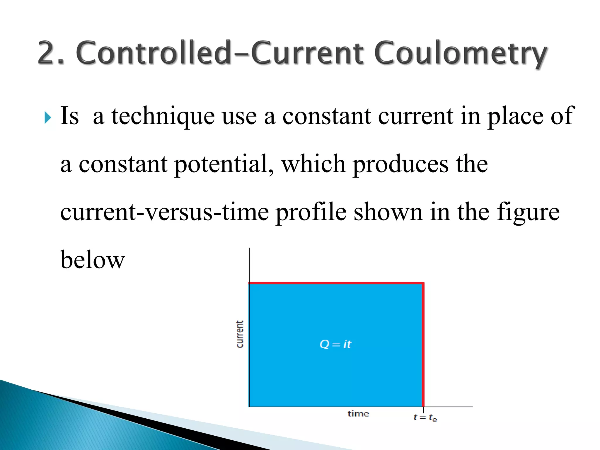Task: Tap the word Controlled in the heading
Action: [154, 53]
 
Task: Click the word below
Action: [93, 260]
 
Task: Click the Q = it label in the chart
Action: [335, 344]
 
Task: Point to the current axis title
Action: [240, 334]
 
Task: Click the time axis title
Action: [358, 414]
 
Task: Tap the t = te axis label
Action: [425, 417]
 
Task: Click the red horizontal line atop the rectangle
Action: [336, 283]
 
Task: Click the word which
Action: [313, 164]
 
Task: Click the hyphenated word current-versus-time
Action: [164, 213]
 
